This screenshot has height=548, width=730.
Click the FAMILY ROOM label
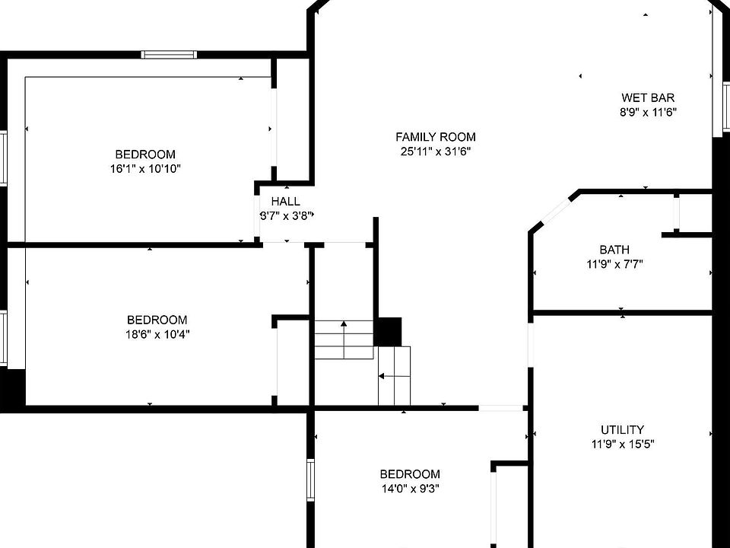tap(435, 137)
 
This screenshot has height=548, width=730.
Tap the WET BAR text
tap(648, 98)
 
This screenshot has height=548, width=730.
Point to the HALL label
tap(285, 201)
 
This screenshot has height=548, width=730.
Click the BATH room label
tap(614, 250)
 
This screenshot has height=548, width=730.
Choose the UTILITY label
tap(623, 429)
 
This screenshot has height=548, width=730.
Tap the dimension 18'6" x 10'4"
tap(158, 335)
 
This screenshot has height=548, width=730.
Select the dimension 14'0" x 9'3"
tap(410, 489)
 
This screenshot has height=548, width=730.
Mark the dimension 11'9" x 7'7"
tap(614, 265)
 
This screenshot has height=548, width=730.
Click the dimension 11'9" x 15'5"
tap(623, 444)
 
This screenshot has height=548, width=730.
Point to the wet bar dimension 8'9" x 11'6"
tap(648, 113)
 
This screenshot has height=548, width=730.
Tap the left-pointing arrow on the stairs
tap(394, 376)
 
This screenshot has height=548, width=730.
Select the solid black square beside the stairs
tap(389, 332)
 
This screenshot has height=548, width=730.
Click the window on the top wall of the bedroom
tap(169, 55)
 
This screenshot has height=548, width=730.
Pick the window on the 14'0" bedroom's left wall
tap(310, 480)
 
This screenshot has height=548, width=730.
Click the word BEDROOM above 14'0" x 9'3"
tap(410, 474)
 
